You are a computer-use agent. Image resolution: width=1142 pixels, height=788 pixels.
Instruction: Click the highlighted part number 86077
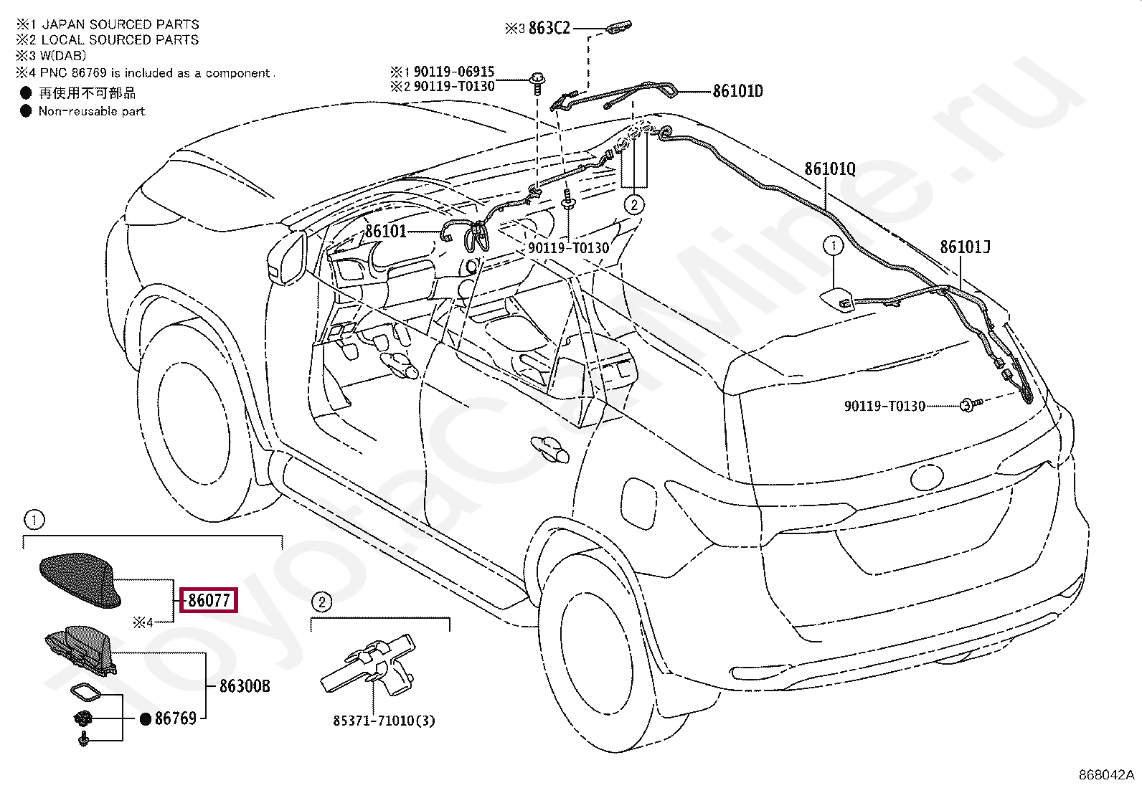coord(209,600)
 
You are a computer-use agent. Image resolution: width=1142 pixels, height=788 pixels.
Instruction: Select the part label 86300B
coord(245,686)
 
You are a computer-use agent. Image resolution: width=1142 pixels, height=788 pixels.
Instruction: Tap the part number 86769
coord(176,718)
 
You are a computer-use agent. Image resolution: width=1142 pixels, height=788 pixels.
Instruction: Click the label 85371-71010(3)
coord(384,721)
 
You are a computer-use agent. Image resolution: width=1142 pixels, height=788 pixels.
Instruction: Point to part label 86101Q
coord(830,169)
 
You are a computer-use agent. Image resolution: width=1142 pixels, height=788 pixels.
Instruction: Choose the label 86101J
coord(965,247)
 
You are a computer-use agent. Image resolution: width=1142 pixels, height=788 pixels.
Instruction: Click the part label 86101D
coord(737,91)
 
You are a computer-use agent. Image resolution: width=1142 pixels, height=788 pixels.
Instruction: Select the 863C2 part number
coord(549,29)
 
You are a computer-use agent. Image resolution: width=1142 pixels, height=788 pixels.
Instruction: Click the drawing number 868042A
coord(1106,775)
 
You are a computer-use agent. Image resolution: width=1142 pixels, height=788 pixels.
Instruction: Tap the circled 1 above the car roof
coord(833,247)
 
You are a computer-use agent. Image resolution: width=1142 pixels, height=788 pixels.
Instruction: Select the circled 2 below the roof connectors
coord(634,205)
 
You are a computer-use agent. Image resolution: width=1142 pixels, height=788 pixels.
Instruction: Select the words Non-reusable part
coord(92,111)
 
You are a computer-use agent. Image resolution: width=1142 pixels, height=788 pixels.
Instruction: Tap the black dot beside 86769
coord(145,718)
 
